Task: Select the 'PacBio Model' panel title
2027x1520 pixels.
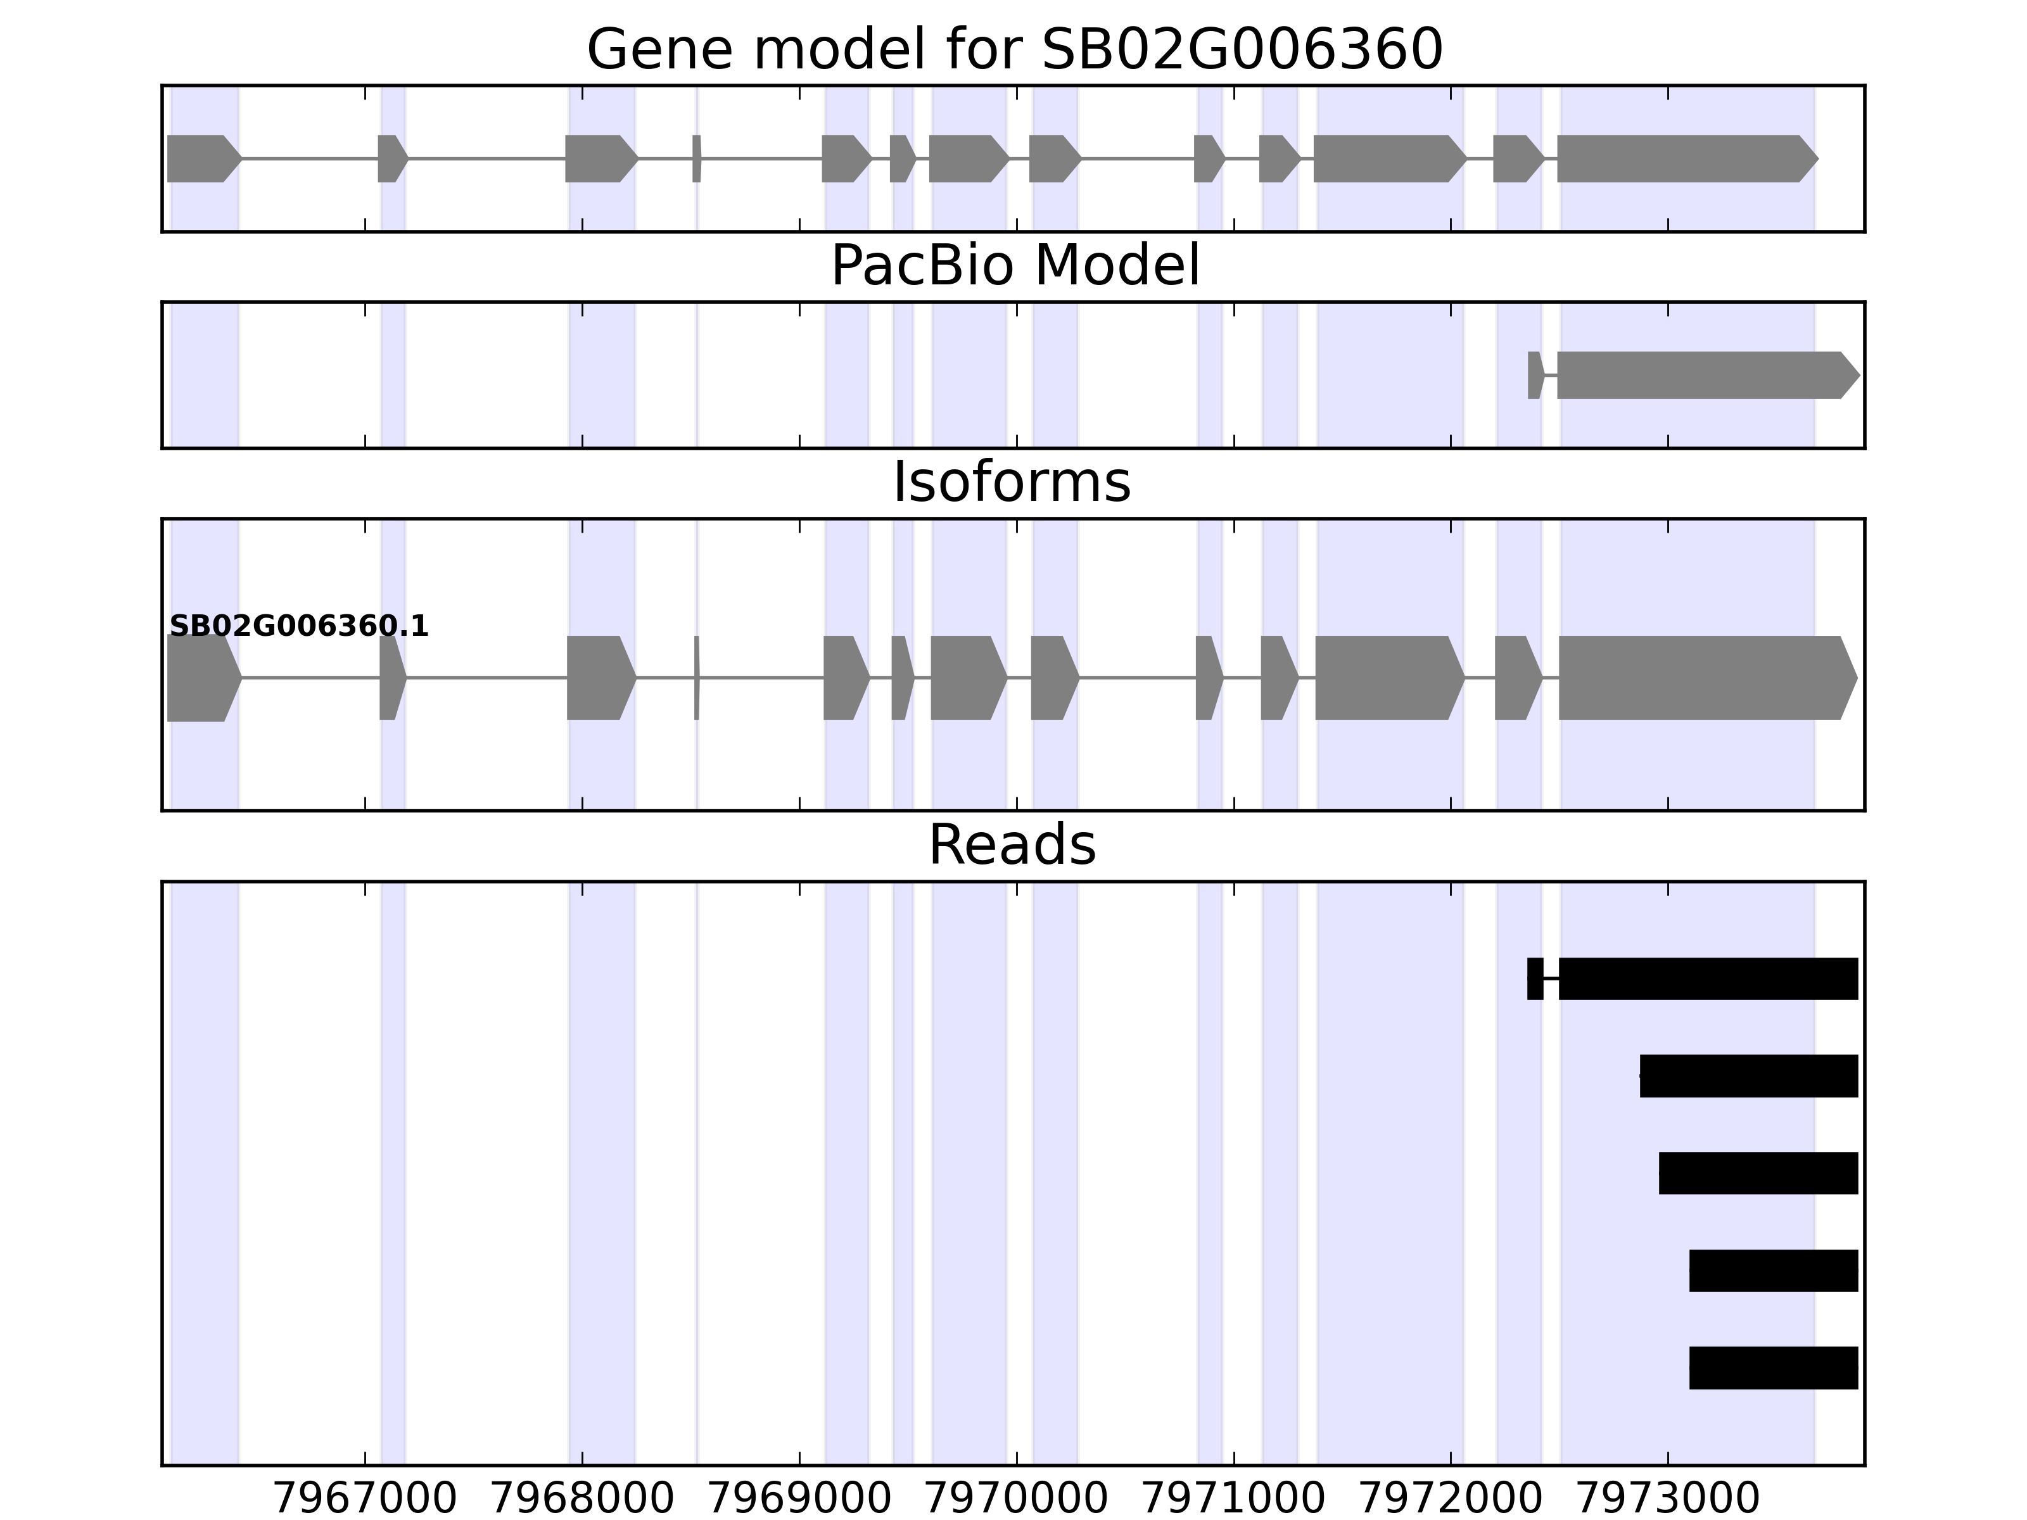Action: [x=1014, y=266]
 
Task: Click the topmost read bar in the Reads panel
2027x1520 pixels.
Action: [x=1706, y=978]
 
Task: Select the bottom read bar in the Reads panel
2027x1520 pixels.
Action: [x=1773, y=1368]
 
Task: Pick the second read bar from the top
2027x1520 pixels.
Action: [x=1748, y=1075]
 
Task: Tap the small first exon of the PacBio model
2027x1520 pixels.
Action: [x=1535, y=375]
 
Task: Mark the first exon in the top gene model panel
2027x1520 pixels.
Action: [x=201, y=158]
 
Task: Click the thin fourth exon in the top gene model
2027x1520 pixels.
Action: [x=696, y=158]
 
